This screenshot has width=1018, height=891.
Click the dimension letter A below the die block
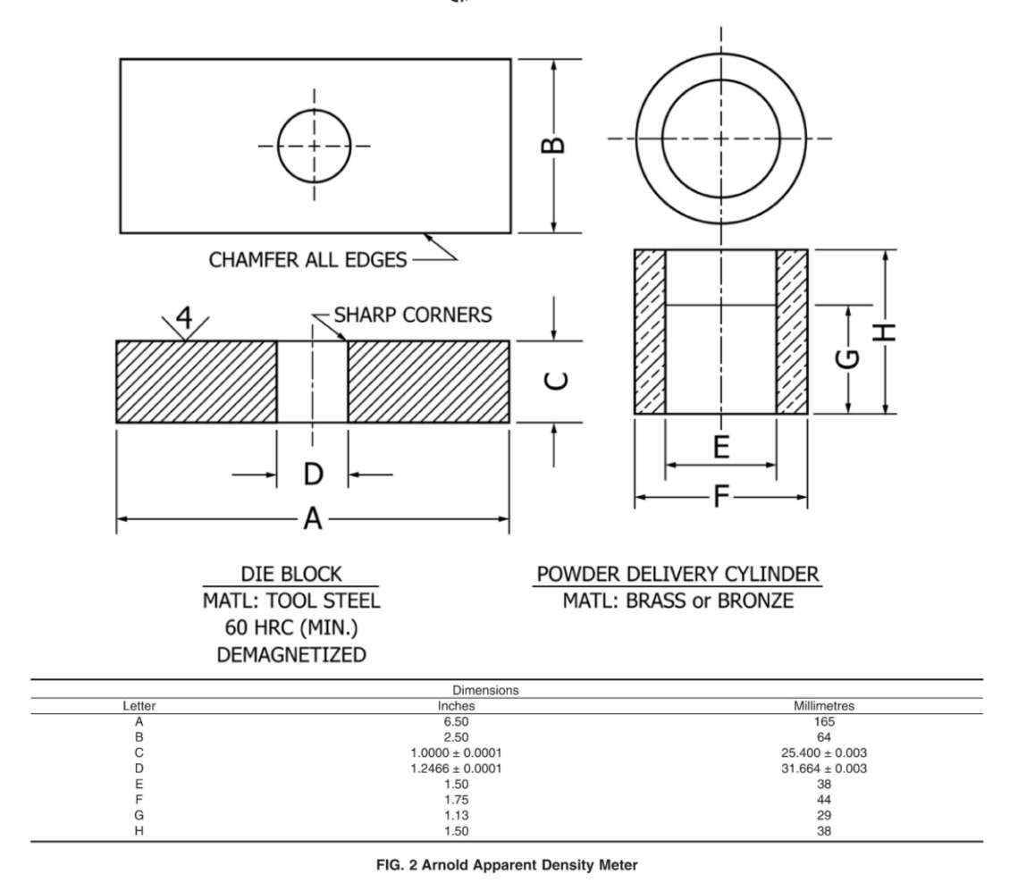[x=311, y=518]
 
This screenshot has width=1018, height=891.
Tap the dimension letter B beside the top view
[x=554, y=144]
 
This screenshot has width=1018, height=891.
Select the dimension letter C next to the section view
[x=554, y=381]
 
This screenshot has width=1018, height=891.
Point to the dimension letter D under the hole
[x=312, y=474]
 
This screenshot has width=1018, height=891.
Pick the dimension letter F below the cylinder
[x=721, y=498]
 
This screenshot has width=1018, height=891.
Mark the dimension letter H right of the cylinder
[x=884, y=332]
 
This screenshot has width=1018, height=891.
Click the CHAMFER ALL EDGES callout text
[x=307, y=260]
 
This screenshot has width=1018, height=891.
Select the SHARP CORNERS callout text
[x=412, y=315]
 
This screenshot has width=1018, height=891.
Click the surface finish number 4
[x=184, y=317]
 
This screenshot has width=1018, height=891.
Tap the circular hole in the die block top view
[x=314, y=146]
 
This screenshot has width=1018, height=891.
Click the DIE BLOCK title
[x=292, y=574]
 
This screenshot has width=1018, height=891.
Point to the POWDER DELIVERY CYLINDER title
[x=677, y=574]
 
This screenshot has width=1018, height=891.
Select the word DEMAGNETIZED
[x=292, y=654]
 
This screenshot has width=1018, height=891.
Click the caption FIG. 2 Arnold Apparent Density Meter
[x=508, y=865]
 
